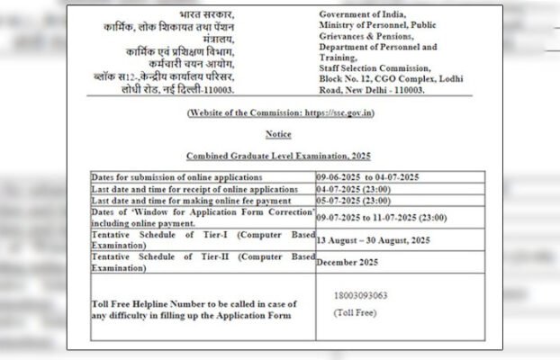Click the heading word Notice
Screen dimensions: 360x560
(278, 133)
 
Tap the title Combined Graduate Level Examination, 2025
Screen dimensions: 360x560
(278, 156)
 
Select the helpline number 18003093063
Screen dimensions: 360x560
(359, 294)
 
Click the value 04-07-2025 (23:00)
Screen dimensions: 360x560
(354, 190)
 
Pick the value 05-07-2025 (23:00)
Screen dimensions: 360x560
(354, 202)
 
